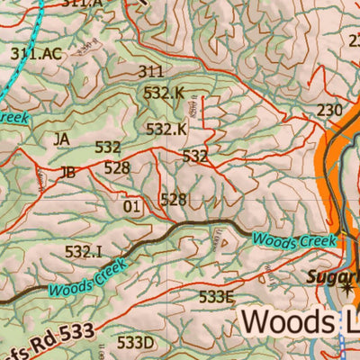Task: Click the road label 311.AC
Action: click(x=36, y=54)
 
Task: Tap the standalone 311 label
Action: click(x=151, y=71)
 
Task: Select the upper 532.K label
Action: click(x=164, y=92)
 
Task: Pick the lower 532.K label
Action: click(x=166, y=130)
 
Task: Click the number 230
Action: click(x=330, y=111)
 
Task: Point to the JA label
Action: click(x=61, y=139)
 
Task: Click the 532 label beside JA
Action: click(x=108, y=148)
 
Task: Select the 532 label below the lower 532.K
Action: click(x=195, y=157)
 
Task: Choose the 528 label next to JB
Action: click(x=117, y=167)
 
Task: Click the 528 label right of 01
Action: click(x=173, y=200)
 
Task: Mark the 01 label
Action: click(x=132, y=207)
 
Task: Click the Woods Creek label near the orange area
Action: click(x=294, y=240)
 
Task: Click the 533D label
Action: click(x=136, y=343)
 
